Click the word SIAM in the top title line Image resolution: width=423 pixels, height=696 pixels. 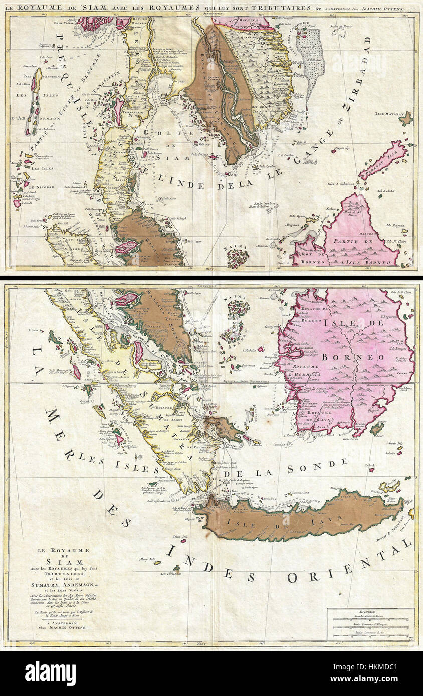tap(81, 7)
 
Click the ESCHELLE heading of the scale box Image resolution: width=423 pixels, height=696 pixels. tap(371, 611)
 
